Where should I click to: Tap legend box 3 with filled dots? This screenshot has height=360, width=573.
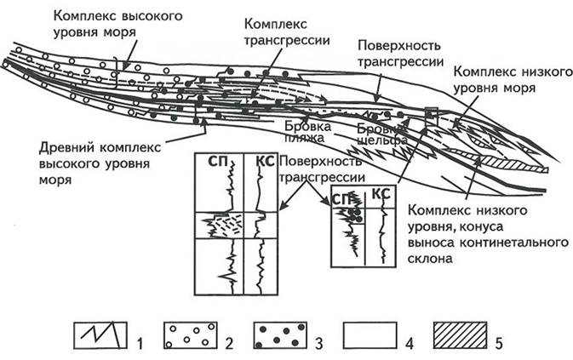click(279, 335)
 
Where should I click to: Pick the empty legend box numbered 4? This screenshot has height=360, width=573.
click(371, 335)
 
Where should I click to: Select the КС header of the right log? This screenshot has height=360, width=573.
click(381, 195)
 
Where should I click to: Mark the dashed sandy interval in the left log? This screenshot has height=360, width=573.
click(223, 226)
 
